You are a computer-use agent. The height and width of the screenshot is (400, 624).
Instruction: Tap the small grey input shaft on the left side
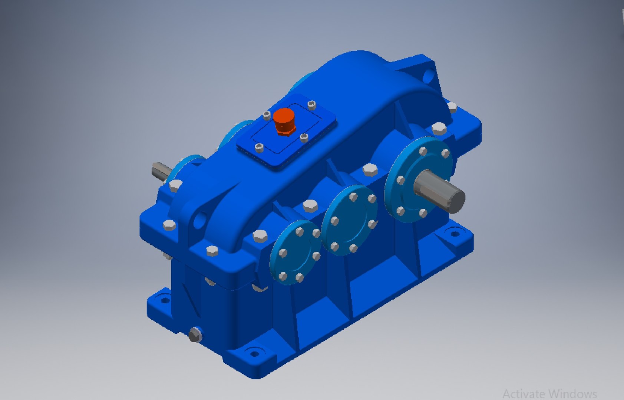coord(161,171)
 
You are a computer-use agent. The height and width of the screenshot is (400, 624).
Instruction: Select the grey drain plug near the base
coord(195,335)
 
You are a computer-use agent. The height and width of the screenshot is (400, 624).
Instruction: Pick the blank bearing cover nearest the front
coord(296,253)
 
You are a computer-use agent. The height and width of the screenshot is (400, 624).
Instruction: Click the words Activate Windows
coord(549,393)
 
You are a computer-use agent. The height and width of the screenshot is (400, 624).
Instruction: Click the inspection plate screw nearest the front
coord(259,149)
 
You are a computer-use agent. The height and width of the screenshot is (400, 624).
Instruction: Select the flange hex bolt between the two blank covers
coord(310,206)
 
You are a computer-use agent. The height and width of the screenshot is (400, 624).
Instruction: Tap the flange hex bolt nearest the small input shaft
coord(175,186)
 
